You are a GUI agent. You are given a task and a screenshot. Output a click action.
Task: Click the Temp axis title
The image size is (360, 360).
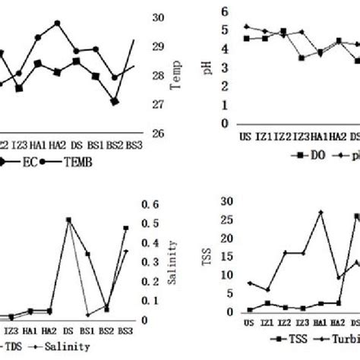[178, 76]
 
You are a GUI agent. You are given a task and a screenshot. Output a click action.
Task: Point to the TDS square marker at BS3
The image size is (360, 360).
[126, 228]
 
